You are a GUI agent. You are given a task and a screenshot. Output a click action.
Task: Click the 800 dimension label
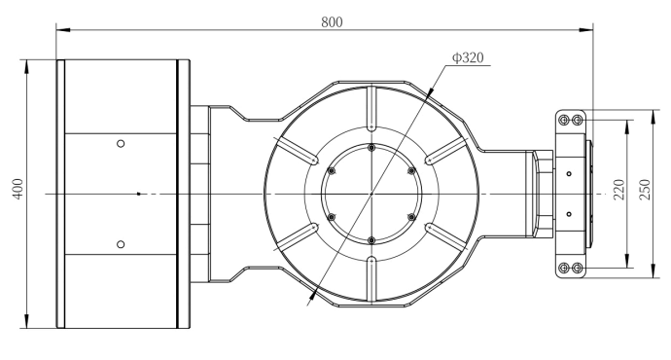332,21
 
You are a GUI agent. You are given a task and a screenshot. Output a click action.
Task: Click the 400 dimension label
18,189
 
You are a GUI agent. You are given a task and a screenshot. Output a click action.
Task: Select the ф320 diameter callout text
468,57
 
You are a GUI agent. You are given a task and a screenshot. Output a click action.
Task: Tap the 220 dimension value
618,189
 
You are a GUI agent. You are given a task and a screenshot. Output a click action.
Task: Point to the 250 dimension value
645,189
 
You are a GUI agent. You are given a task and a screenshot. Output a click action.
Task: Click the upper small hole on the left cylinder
121,144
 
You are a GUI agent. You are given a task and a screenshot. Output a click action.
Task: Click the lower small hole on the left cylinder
121,244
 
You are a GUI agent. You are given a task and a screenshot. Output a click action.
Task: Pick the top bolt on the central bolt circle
371,148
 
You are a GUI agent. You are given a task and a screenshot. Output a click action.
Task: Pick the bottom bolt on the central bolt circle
371,240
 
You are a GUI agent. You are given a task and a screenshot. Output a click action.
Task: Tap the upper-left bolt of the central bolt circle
332,171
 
